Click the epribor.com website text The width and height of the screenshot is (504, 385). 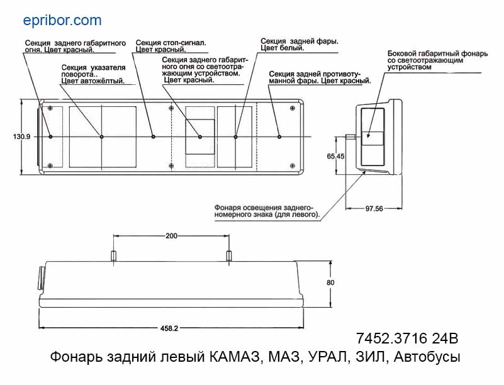click(62, 21)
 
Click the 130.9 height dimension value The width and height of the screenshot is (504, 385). click(21, 137)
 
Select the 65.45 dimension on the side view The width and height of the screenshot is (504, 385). click(335, 156)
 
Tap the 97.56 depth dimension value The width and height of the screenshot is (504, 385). click(374, 209)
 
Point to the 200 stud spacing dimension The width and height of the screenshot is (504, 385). click(171, 236)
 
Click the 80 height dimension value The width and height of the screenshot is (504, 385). click(330, 282)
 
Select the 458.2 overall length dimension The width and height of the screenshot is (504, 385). click(169, 328)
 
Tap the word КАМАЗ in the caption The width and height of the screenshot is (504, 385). click(235, 357)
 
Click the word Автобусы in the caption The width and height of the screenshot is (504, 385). click(427, 357)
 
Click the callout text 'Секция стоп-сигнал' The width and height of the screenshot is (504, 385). click(171, 43)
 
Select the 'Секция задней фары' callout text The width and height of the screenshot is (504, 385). click(300, 41)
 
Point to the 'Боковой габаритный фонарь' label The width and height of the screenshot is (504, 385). click(437, 53)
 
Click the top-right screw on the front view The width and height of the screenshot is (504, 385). click(292, 108)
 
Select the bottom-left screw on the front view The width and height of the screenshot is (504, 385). click(50, 166)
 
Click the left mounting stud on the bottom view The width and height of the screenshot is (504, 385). click(113, 256)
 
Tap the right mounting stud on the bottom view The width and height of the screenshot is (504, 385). click(229, 256)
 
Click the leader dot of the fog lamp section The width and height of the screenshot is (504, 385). click(279, 137)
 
